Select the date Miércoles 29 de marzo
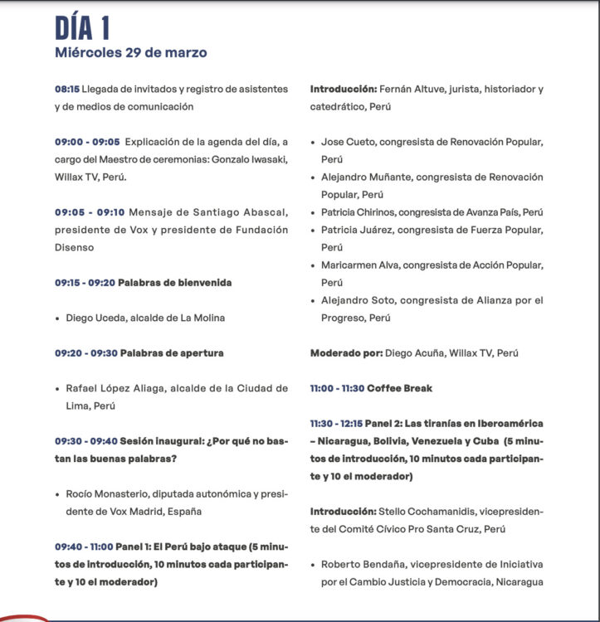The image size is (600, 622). (x=130, y=53)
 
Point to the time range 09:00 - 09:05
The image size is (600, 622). (x=87, y=142)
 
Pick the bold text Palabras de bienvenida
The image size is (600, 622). (x=174, y=283)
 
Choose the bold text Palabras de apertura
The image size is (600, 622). (x=172, y=353)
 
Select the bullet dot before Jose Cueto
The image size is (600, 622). (x=312, y=143)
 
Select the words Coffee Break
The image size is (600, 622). (x=400, y=388)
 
